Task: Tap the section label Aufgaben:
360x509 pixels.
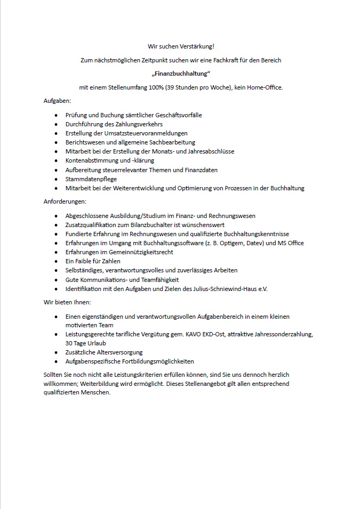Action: click(57, 101)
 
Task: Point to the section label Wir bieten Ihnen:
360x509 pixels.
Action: click(67, 302)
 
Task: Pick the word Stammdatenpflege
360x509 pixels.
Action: click(91, 179)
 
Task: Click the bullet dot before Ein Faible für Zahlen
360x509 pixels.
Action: click(57, 261)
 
